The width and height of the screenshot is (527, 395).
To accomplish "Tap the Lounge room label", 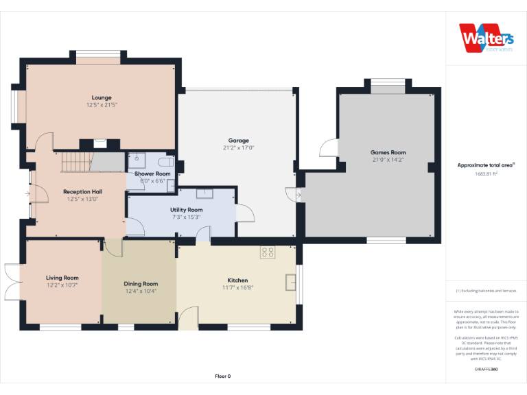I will [102, 97].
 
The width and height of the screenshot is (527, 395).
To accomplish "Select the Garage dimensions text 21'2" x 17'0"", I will [238, 147].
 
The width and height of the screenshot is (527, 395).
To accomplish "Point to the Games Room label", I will [388, 152].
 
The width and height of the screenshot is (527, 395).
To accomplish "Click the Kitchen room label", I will [237, 280].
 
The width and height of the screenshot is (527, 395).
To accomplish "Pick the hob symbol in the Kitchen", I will [268, 252].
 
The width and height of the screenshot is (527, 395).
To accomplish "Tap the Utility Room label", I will [187, 209].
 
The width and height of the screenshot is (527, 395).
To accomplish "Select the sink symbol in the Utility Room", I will [204, 193].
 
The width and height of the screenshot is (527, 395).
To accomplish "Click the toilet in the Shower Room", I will [165, 162].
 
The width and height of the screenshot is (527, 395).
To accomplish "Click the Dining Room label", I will [141, 283].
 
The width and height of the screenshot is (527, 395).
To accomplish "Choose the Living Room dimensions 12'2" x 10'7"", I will [62, 285].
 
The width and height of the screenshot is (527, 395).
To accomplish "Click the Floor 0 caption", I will [222, 376].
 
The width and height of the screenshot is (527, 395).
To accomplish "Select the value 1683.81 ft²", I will [486, 173].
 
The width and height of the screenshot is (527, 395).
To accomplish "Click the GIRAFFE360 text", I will [486, 370].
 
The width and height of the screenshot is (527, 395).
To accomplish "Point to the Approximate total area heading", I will [486, 165].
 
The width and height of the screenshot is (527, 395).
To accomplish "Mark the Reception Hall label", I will [82, 191].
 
